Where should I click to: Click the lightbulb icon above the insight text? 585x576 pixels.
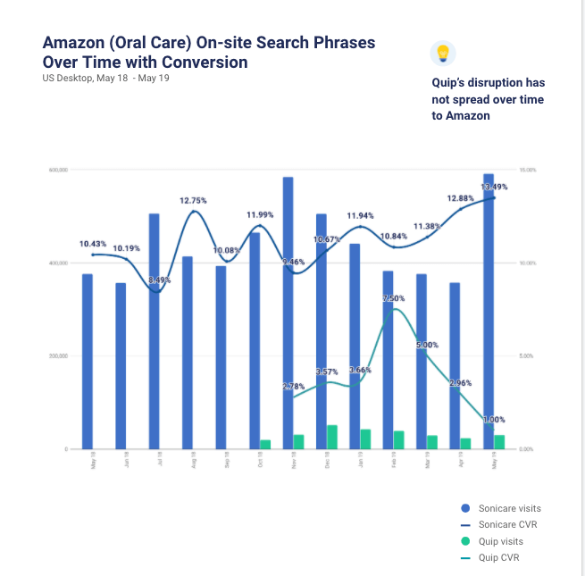[441, 53]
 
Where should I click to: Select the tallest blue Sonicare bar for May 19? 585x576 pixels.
[489, 313]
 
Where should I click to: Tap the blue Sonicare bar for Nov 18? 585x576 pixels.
[288, 313]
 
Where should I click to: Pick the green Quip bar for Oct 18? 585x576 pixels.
[265, 444]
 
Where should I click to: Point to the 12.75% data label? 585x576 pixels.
[193, 201]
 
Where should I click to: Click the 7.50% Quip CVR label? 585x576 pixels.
[393, 298]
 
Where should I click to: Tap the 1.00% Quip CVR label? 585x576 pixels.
[494, 419]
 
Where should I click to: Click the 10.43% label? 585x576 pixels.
[93, 244]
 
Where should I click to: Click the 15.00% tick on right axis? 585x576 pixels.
[527, 171]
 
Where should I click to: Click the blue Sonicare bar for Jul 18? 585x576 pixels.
[154, 331]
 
